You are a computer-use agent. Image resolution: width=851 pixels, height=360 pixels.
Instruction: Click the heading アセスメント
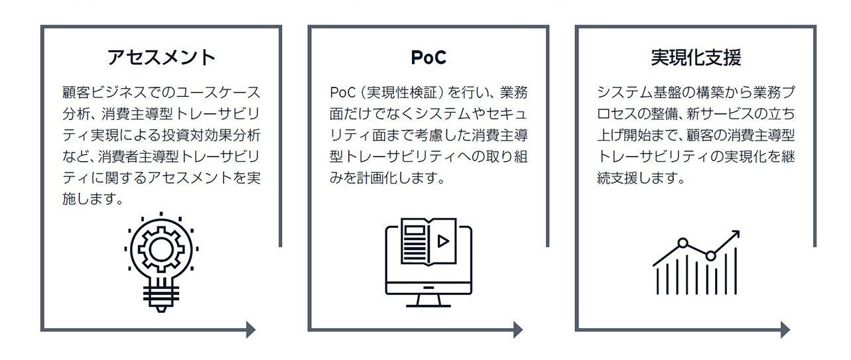coord(161,58)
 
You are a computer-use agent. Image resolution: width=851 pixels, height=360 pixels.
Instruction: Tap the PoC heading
coord(428,58)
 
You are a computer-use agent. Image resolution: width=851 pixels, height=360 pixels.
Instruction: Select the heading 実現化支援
coord(695,58)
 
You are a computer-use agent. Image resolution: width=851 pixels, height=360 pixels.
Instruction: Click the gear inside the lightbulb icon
coord(161,249)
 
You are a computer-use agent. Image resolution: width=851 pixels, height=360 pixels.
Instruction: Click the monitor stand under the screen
coord(428,300)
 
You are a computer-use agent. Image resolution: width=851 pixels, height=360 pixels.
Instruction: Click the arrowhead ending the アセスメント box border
coord(251,330)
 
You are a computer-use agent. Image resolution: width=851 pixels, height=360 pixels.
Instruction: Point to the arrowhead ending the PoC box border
coord(518,330)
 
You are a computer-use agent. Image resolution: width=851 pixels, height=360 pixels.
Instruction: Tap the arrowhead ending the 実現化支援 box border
coord(785,330)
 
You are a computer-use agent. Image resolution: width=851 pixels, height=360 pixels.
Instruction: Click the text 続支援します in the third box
coord(639,178)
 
